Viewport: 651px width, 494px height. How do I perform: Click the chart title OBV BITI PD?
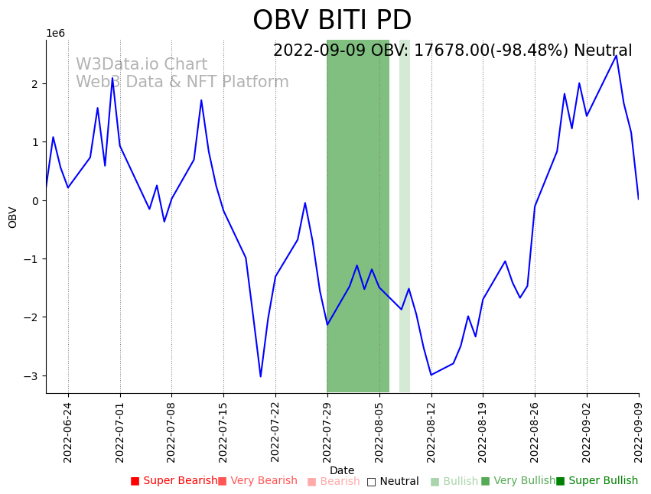pos(332,21)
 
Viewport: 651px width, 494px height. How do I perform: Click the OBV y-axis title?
pos(13,217)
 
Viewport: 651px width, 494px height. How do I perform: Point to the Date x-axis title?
pos(342,471)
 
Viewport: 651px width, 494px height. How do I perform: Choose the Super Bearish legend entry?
pos(174,481)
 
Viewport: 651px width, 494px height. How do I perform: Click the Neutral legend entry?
pos(392,482)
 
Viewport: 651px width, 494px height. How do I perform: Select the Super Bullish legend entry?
pos(597,481)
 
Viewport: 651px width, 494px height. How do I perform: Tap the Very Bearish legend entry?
pos(257,481)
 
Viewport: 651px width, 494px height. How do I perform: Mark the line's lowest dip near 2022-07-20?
pos(260,376)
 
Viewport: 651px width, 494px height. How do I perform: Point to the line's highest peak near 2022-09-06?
pos(616,55)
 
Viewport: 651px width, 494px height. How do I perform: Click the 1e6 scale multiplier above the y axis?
pos(56,34)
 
